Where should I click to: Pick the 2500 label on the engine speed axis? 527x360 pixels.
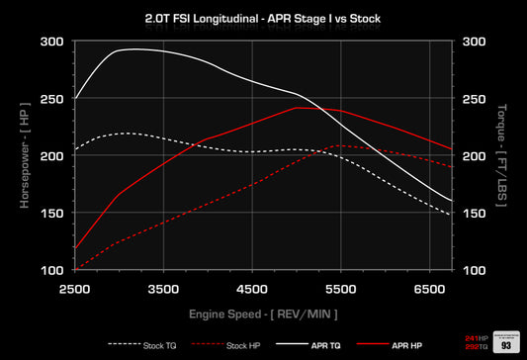74,288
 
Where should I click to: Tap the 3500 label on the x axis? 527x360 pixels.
164,288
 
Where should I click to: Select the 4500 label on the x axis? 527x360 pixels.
254,288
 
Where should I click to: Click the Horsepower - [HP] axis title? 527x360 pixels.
24,156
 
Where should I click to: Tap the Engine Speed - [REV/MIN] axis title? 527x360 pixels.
264,314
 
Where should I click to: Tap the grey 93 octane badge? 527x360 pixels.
506,343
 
